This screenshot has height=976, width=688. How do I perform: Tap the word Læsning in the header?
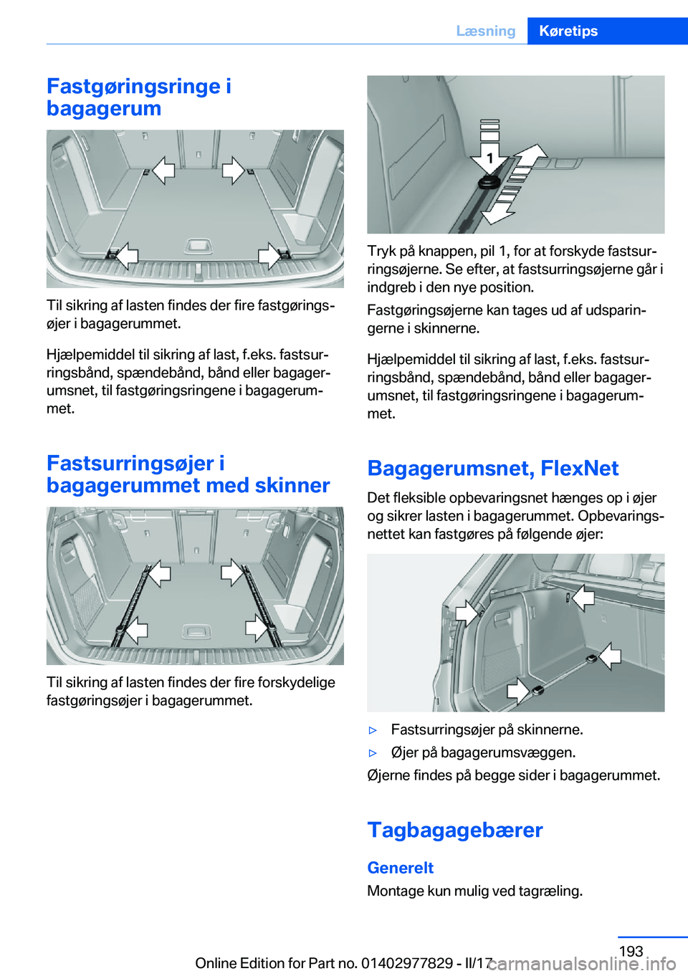pos(486,31)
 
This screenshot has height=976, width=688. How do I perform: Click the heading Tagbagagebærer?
pos(455,830)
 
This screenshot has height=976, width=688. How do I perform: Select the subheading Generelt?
pos(401,868)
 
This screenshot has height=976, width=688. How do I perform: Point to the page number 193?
pos(631,950)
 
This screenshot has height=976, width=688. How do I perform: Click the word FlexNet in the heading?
pos(580,468)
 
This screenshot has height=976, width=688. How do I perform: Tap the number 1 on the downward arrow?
pos(489,158)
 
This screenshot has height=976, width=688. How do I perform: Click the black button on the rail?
pos(489,182)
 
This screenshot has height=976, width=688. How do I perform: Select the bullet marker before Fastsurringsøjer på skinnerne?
pos(373,730)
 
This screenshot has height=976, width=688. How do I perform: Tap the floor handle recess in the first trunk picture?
pos(199,246)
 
